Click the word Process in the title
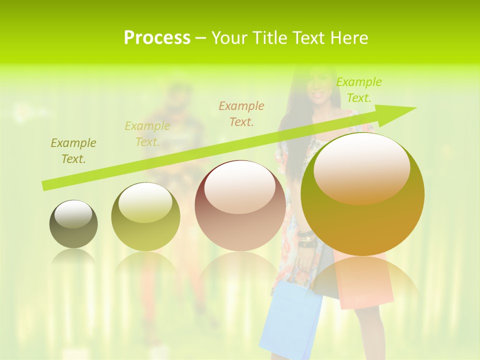[x=157, y=38]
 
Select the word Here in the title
[x=349, y=38]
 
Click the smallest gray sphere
[x=73, y=224]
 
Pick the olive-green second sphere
[x=145, y=217]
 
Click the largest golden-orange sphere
[x=362, y=195]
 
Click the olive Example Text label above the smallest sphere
[x=73, y=151]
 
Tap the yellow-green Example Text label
[x=147, y=133]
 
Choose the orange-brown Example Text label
[x=241, y=113]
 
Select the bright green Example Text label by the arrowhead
[x=359, y=90]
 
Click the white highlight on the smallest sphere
[x=73, y=214]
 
